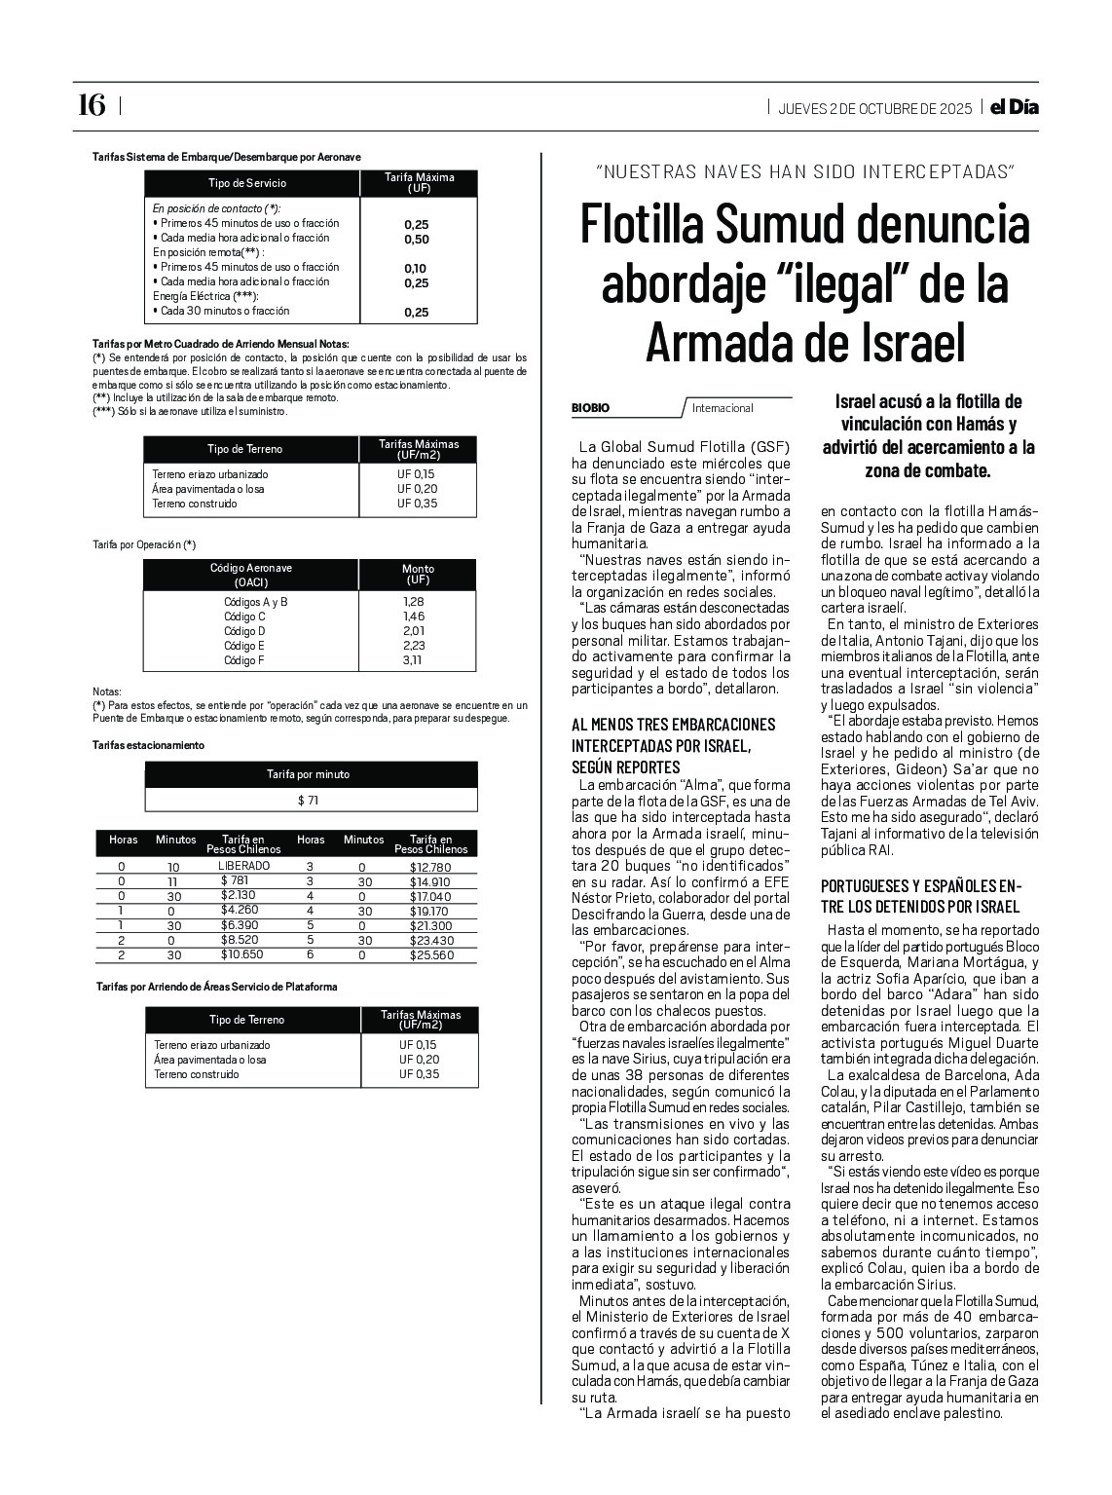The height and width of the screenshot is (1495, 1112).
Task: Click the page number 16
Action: click(91, 105)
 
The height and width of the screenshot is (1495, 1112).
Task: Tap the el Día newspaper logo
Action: click(1014, 107)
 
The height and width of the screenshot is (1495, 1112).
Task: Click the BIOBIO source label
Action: click(591, 408)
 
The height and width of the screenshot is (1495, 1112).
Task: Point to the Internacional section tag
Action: click(723, 408)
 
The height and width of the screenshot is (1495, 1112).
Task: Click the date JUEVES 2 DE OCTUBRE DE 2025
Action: click(874, 108)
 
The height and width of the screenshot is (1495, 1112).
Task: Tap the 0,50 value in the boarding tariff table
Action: click(416, 240)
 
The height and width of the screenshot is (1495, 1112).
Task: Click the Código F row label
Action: click(244, 660)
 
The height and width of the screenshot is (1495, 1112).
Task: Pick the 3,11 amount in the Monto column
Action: click(414, 660)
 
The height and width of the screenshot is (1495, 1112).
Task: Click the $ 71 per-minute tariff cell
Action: click(309, 801)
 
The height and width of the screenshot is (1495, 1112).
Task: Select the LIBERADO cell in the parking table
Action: click(244, 865)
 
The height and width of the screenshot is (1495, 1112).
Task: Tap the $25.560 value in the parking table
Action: click(431, 955)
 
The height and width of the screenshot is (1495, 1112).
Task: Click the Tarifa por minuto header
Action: click(309, 774)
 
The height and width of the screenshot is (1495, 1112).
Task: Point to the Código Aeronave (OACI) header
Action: click(250, 575)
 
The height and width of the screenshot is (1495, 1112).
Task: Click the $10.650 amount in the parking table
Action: click(241, 955)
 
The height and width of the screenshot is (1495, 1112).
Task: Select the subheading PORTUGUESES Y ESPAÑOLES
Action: click(919, 886)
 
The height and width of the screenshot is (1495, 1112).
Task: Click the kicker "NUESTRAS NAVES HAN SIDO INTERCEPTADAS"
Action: click(804, 172)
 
